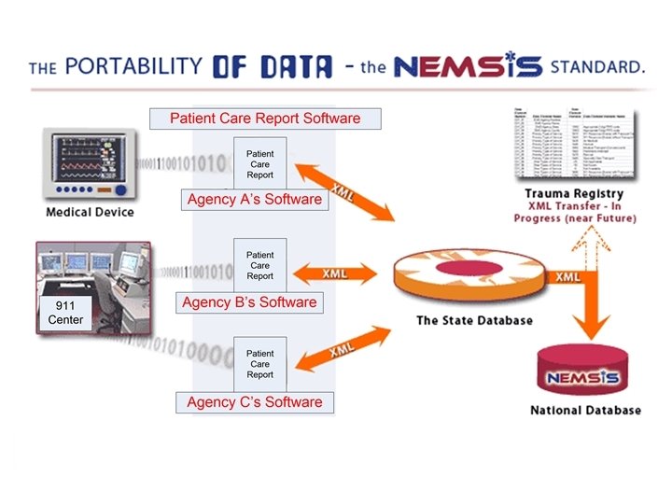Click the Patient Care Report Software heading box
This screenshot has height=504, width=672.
tap(265, 119)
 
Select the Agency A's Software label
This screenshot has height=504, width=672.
tap(254, 200)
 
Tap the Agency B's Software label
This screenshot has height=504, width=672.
tap(249, 302)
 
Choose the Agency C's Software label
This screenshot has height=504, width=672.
tap(254, 403)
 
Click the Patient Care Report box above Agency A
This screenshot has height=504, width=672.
tap(259, 162)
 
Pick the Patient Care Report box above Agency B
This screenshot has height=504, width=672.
tap(259, 265)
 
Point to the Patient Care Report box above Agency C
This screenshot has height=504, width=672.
tap(259, 364)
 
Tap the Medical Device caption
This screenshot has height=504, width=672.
tap(90, 212)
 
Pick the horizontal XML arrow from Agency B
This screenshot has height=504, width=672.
tap(335, 274)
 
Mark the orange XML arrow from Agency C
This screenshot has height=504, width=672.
tap(342, 351)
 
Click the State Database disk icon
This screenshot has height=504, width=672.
tap(473, 274)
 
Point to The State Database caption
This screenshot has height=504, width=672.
tap(474, 321)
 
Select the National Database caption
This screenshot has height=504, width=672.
tap(585, 411)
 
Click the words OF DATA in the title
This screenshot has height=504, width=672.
tap(272, 66)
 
